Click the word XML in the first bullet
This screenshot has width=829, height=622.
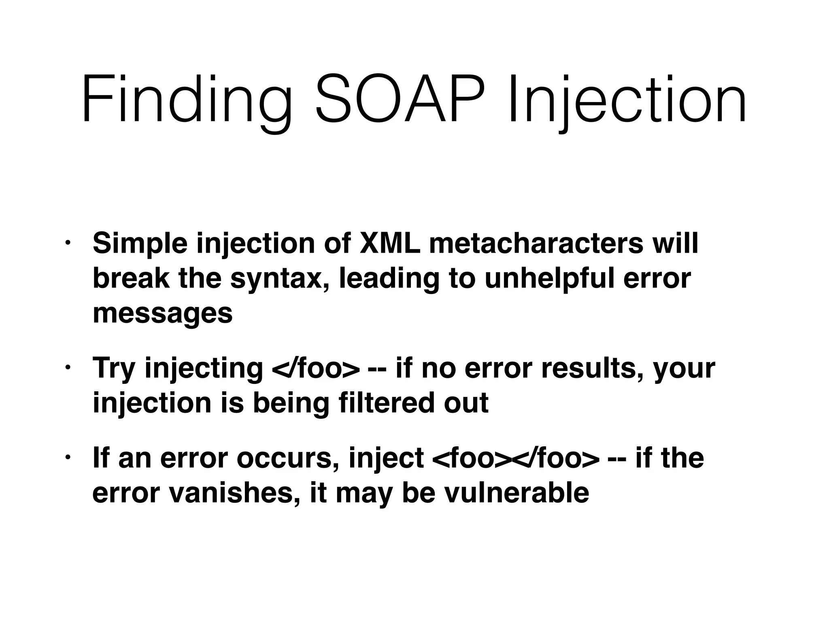click(390, 243)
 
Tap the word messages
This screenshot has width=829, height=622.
click(163, 313)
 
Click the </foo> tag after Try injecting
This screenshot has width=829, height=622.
click(316, 369)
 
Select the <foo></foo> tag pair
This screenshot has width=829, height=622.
click(515, 458)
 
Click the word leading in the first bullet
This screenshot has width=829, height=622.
click(389, 279)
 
